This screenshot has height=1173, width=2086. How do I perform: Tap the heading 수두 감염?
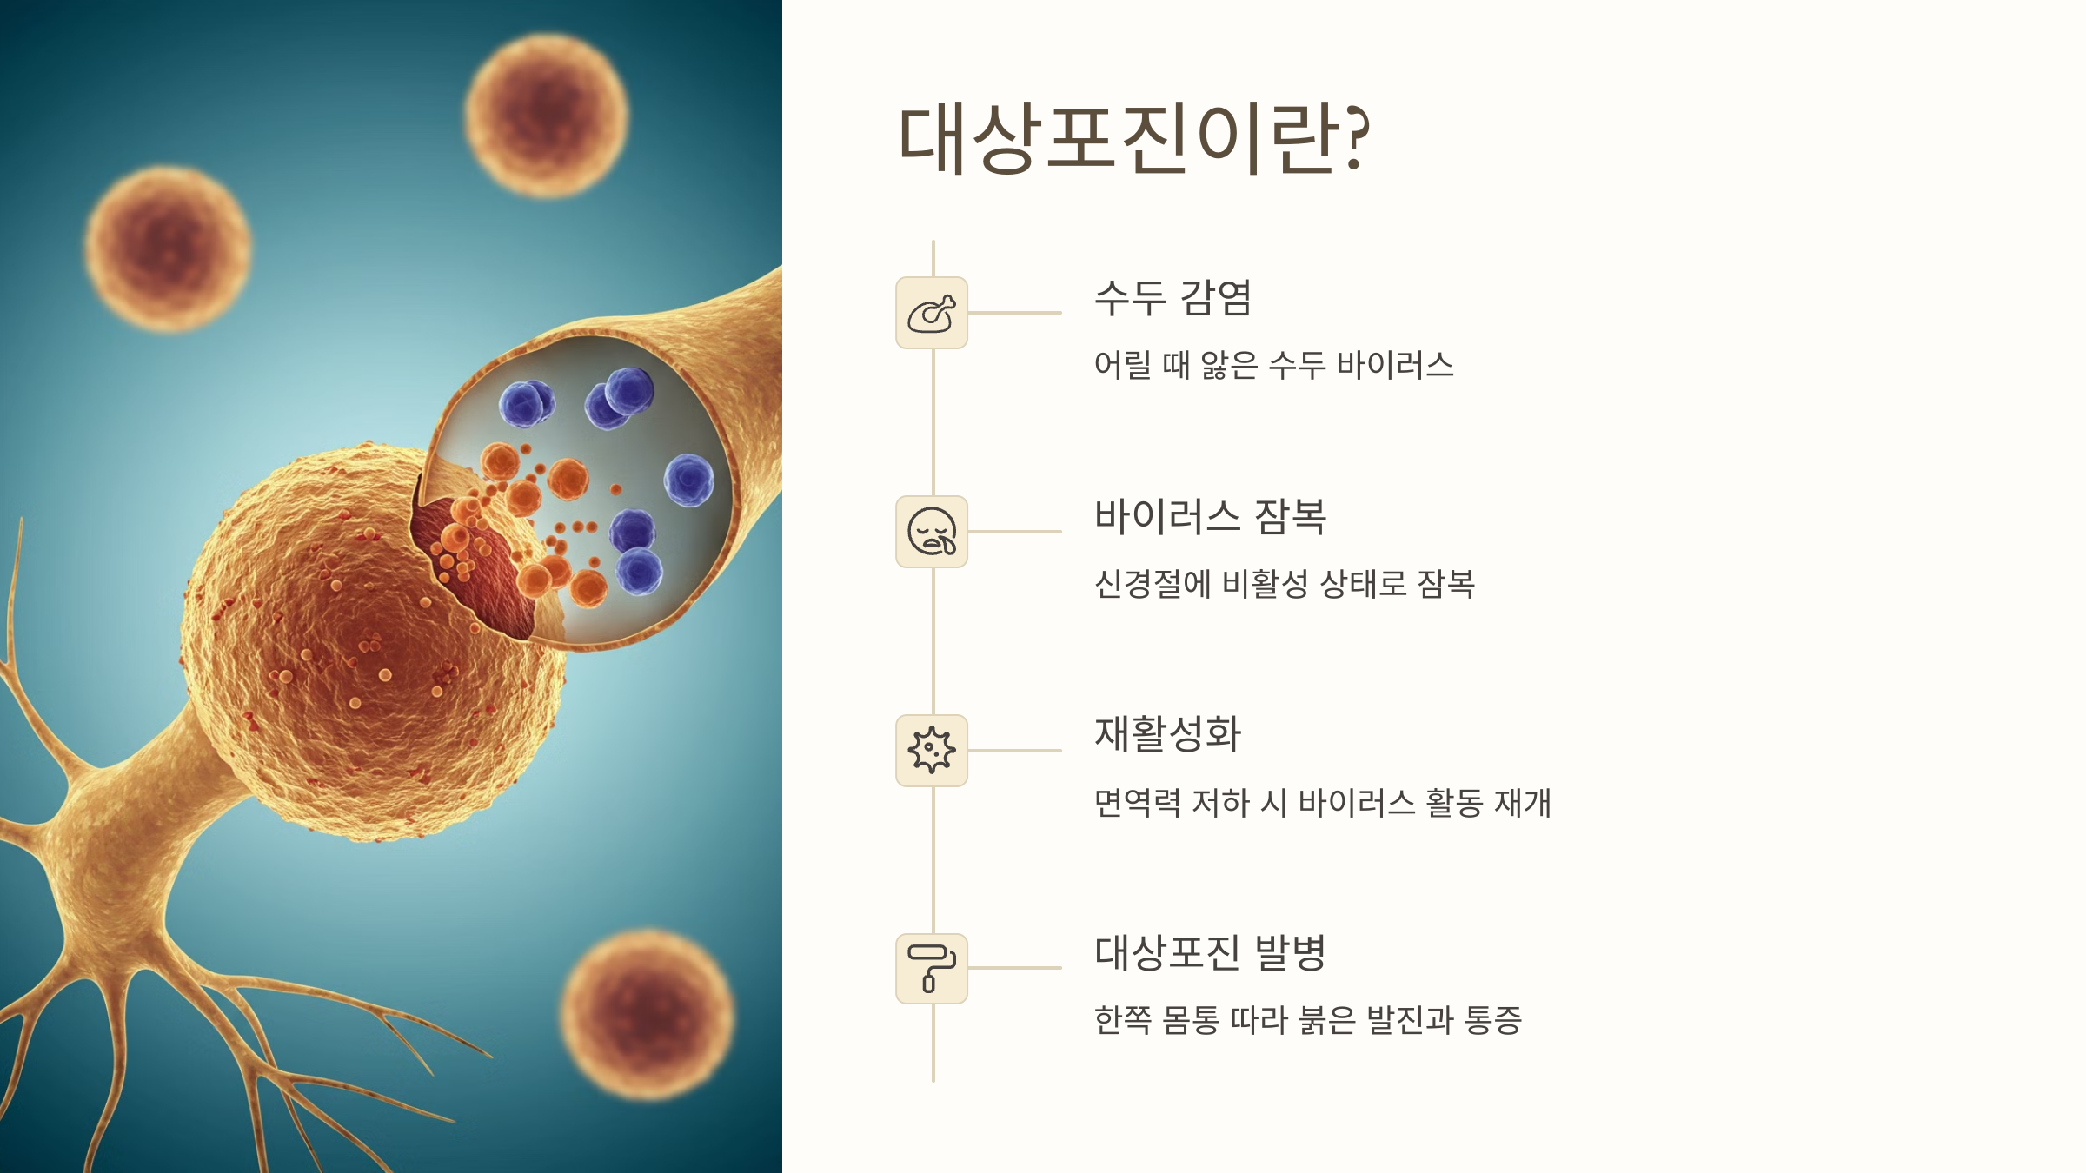click(x=1173, y=298)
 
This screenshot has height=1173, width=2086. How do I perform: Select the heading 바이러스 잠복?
click(x=1210, y=517)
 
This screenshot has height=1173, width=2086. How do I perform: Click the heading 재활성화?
click(x=1167, y=734)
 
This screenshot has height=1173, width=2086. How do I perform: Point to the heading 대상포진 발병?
click(x=1210, y=953)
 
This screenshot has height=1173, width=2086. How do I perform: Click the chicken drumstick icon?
click(x=931, y=314)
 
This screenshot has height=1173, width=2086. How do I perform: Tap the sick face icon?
click(x=931, y=532)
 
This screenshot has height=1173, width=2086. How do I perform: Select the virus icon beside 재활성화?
click(x=931, y=750)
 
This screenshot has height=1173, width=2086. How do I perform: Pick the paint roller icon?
click(x=931, y=968)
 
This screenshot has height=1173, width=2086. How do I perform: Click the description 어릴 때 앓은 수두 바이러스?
click(x=1273, y=366)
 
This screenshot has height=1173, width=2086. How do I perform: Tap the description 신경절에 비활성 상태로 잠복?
click(x=1284, y=584)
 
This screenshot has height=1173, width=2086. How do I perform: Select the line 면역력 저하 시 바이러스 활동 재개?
click(x=1322, y=803)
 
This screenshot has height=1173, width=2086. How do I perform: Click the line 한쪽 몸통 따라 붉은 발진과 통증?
click(x=1307, y=1020)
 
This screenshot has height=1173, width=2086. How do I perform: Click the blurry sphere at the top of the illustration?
click(x=546, y=116)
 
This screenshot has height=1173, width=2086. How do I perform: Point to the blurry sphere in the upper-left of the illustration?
click(x=169, y=249)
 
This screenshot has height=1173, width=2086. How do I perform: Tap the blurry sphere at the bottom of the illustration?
click(x=647, y=1015)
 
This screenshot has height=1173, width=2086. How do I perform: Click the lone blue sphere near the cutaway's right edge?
click(x=689, y=480)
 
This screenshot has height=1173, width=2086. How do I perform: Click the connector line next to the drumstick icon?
click(x=1014, y=313)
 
